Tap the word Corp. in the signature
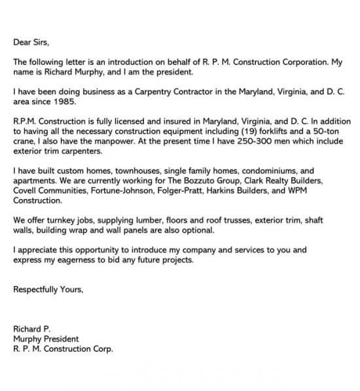[x=101, y=349]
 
